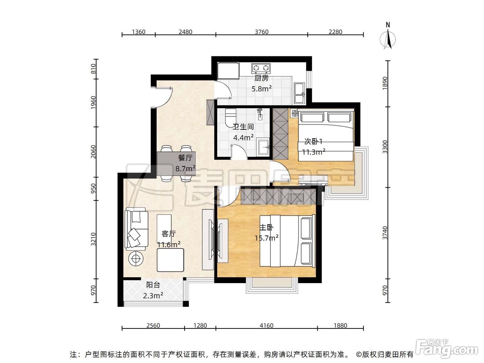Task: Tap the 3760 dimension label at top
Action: (x=261, y=32)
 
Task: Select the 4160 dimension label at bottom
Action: (x=266, y=326)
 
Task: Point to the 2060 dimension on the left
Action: (x=93, y=152)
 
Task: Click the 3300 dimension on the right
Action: (x=385, y=147)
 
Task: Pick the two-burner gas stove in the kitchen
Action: (x=261, y=68)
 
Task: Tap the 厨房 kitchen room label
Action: (x=261, y=78)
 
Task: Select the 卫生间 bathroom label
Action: (x=243, y=127)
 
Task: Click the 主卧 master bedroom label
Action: (x=267, y=227)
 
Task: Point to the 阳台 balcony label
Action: (x=153, y=285)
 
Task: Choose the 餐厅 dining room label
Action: (x=185, y=158)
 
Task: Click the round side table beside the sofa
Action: (x=136, y=259)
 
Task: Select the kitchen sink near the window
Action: (x=299, y=93)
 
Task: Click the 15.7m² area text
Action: (x=266, y=238)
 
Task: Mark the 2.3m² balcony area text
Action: (x=153, y=295)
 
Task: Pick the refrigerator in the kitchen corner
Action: (x=228, y=71)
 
